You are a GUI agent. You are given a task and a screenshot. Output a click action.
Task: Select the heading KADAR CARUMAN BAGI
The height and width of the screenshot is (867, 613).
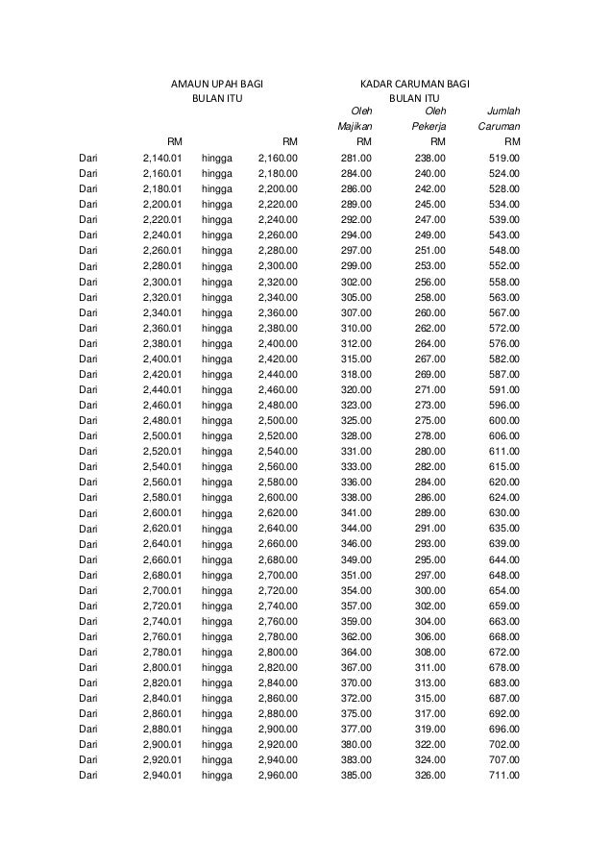[x=414, y=84]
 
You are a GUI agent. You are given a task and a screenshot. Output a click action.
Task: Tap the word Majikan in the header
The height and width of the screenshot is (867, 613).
[x=355, y=126]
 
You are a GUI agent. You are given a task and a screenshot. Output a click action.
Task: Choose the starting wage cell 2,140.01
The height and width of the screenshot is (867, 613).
[x=161, y=158]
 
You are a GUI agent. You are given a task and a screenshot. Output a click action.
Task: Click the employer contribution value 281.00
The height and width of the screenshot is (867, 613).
[x=357, y=158]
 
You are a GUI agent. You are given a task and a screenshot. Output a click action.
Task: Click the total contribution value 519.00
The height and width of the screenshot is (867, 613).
[x=504, y=158]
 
